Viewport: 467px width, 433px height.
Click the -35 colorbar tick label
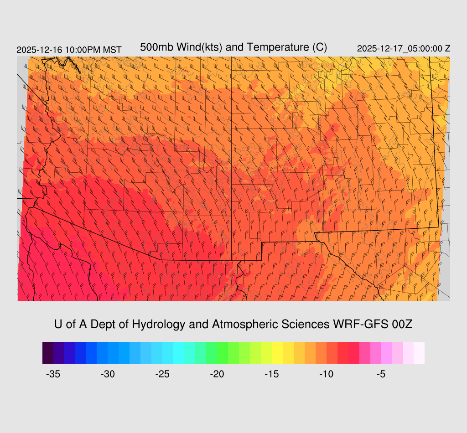coord(53,374)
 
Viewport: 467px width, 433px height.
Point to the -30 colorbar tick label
coord(108,374)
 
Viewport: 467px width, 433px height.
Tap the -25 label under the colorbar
coord(162,374)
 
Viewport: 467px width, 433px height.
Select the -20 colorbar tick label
coord(217,374)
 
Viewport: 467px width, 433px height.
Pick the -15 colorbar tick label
coord(272,374)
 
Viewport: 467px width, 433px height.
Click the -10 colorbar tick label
coord(327,374)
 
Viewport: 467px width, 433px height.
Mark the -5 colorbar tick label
coord(381,374)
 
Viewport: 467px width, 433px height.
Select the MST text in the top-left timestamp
coord(112,50)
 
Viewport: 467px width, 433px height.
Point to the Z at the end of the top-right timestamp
coord(447,49)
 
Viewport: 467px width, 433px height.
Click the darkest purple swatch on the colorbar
coord(48,353)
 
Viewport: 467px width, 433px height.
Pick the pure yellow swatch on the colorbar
coord(277,353)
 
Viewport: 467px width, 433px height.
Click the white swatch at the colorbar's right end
coord(419,353)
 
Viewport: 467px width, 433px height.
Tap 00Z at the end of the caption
coord(402,325)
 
